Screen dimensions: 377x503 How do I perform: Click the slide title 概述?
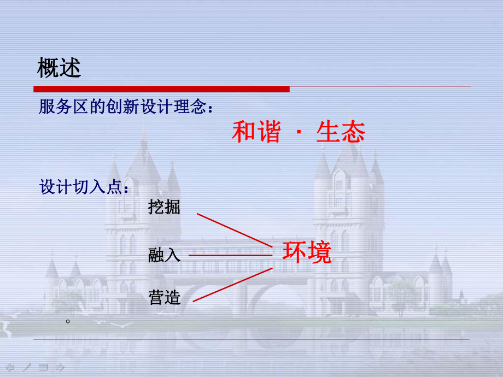pyautogui.click(x=59, y=68)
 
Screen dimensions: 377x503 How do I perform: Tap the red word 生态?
pyautogui.click(x=340, y=132)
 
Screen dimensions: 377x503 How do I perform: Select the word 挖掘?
pyautogui.click(x=164, y=208)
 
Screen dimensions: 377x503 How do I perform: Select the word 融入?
pyautogui.click(x=164, y=255)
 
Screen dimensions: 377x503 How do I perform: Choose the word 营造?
pyautogui.click(x=164, y=297)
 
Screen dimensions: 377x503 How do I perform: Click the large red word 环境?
pyautogui.click(x=307, y=252)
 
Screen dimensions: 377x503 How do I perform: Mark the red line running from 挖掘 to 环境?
pyautogui.click(x=234, y=230)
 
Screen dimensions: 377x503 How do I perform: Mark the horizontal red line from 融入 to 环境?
pyautogui.click(x=230, y=255)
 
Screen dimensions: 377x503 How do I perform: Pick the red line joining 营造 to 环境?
pyautogui.click(x=232, y=284)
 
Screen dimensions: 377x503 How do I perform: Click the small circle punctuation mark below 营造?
pyautogui.click(x=68, y=321)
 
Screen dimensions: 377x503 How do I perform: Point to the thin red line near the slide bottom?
pyautogui.click(x=251, y=339)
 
